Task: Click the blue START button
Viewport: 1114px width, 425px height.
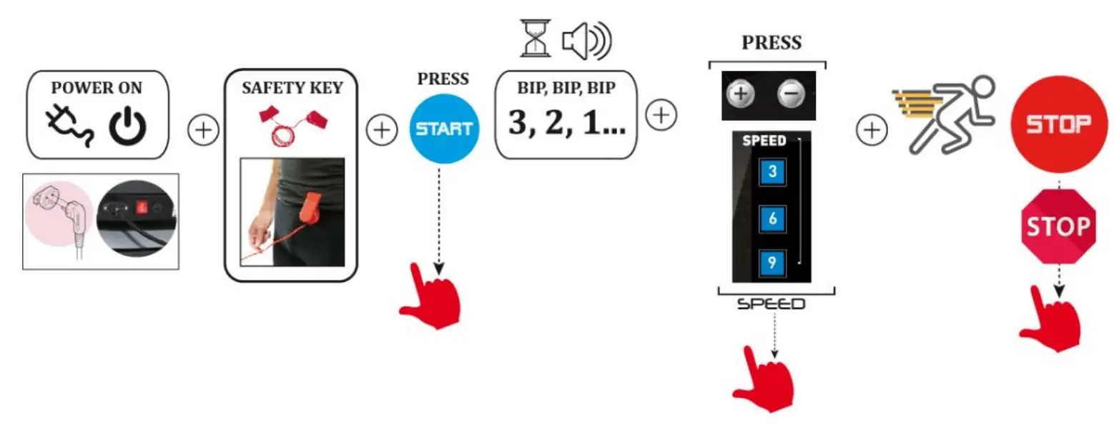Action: coord(444,129)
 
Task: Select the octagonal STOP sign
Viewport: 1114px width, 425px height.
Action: coord(1058,227)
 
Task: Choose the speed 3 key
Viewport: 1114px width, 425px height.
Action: coord(772,172)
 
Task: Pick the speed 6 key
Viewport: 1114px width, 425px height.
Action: coord(772,218)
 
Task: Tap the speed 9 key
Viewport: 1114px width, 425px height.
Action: coord(772,263)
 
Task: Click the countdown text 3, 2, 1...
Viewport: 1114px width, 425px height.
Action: coord(566,123)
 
